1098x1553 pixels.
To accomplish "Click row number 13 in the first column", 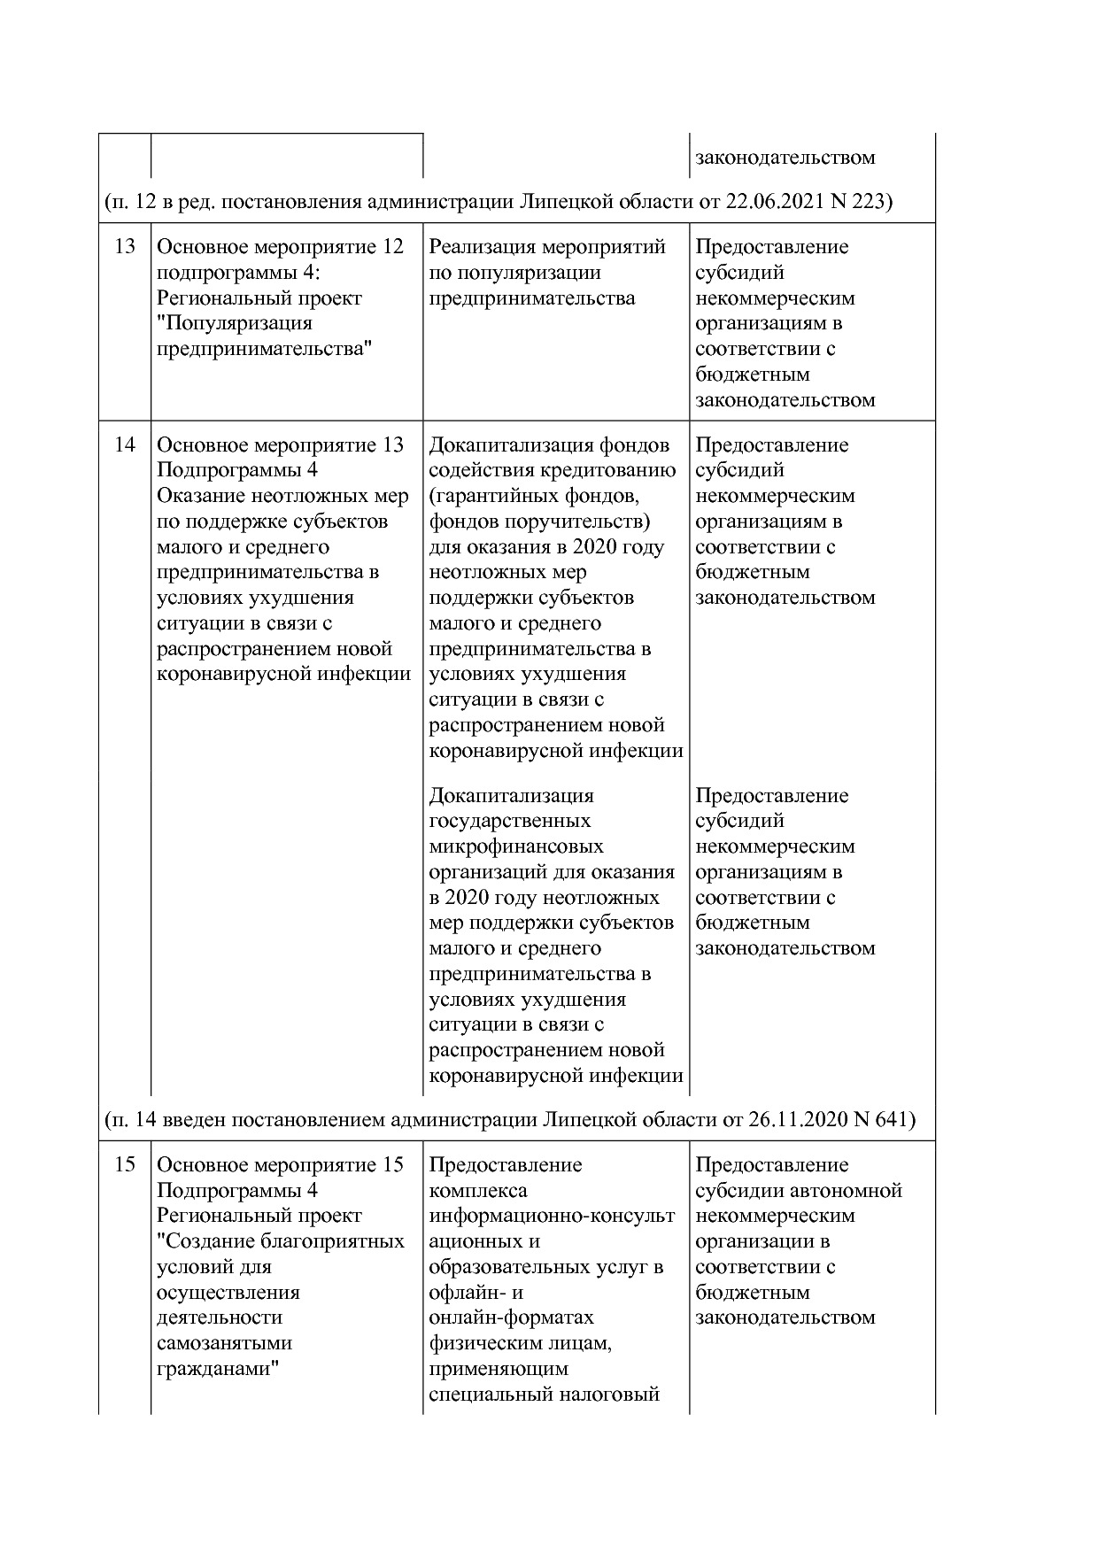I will [125, 247].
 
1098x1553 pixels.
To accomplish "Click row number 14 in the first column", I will [125, 444].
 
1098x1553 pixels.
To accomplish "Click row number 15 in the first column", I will [125, 1164].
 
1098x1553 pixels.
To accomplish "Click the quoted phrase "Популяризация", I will [235, 323].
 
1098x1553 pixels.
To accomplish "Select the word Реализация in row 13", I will [482, 247].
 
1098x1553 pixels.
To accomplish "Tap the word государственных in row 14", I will [509, 821].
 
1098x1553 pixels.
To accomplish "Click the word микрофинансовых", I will [516, 846].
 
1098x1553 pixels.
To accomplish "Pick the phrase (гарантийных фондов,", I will [533, 496].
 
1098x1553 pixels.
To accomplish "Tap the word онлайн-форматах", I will [511, 1317].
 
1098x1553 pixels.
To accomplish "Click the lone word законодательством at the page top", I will [785, 158].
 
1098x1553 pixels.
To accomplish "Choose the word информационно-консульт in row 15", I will [551, 1216].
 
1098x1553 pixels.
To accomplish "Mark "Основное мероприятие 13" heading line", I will [280, 444].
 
